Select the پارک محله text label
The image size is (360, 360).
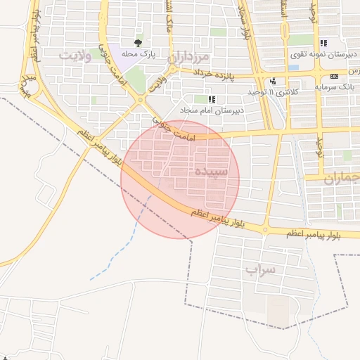pyautogui.click(x=138, y=54)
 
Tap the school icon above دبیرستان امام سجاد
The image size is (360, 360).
pyautogui.click(x=212, y=100)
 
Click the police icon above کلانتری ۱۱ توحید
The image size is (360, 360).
pyautogui.click(x=272, y=82)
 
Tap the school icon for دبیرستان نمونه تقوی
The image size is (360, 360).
pyautogui.click(x=323, y=44)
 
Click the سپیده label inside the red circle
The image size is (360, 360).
pyautogui.click(x=211, y=172)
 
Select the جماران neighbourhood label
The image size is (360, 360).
pyautogui.click(x=342, y=179)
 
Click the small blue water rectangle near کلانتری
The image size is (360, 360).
pyautogui.click(x=293, y=67)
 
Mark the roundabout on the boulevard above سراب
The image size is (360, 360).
pyautogui.click(x=265, y=229)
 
